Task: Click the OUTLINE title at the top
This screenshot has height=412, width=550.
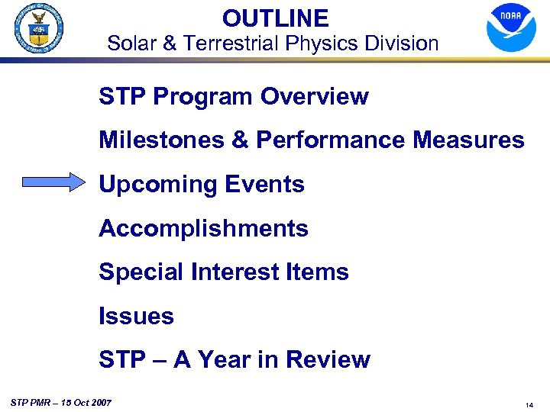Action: pyautogui.click(x=275, y=18)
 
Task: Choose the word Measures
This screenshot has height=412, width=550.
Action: pyautogui.click(x=474, y=140)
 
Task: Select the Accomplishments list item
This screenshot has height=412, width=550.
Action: pyautogui.click(x=203, y=228)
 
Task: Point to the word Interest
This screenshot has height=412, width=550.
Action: pyautogui.click(x=228, y=272)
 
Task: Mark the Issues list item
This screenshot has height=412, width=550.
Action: pyautogui.click(x=136, y=316)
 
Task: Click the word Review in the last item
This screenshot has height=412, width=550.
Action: pyautogui.click(x=331, y=359)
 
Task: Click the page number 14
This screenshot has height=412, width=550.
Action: pyautogui.click(x=529, y=405)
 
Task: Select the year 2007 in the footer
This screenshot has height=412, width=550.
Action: pyautogui.click(x=99, y=401)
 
